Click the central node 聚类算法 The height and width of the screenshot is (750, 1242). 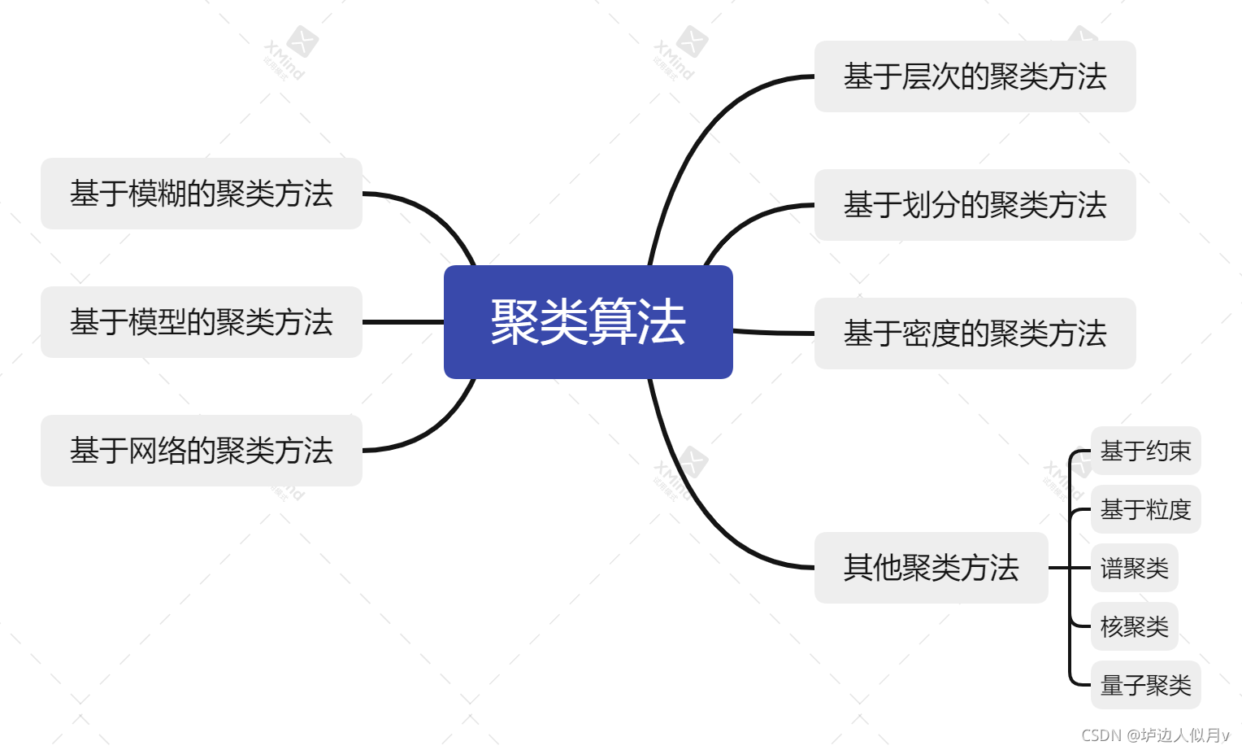click(x=588, y=321)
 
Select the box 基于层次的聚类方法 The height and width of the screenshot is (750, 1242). click(x=975, y=76)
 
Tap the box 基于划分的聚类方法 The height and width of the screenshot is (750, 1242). click(x=975, y=205)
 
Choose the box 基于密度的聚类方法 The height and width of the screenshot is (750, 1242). click(x=975, y=334)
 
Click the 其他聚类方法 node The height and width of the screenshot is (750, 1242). click(x=931, y=568)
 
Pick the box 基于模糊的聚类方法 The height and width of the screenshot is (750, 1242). click(x=201, y=194)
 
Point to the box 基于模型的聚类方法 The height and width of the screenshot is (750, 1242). click(x=201, y=322)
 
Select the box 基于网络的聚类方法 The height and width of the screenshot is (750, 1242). click(x=201, y=451)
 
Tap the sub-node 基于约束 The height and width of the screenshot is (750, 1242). click(x=1145, y=451)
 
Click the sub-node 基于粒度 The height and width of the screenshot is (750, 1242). click(x=1145, y=509)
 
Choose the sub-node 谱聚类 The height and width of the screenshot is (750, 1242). click(x=1134, y=568)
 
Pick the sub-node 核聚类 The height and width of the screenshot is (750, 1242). click(x=1134, y=626)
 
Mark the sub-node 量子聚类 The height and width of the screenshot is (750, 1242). click(x=1145, y=685)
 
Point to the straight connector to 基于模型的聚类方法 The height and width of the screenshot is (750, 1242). click(x=403, y=322)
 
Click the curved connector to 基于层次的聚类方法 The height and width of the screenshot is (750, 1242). click(x=699, y=138)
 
